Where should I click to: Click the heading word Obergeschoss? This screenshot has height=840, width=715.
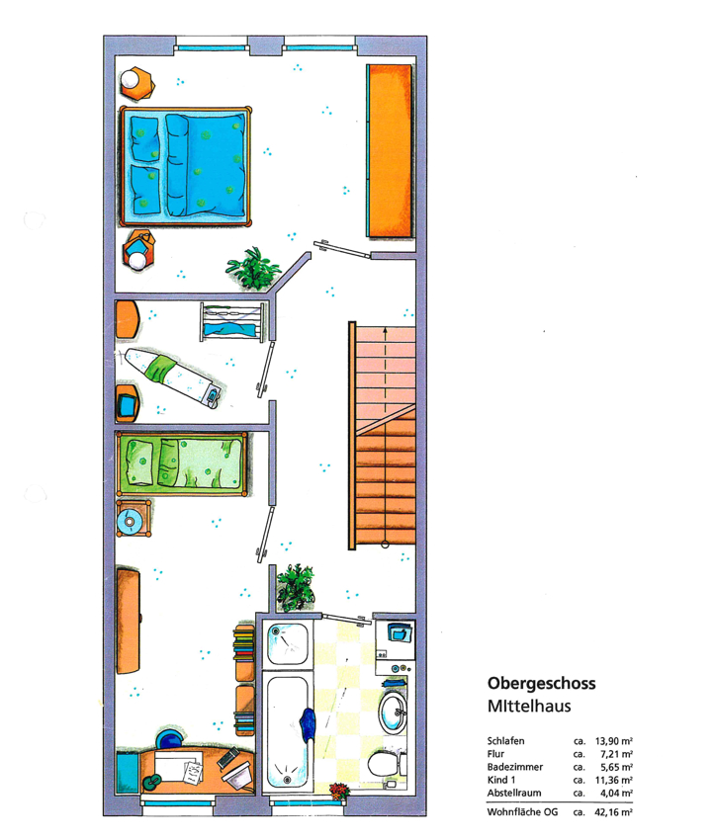click(x=541, y=684)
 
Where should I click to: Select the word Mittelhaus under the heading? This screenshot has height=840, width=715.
click(x=529, y=706)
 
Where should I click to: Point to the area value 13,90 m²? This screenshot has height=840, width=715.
click(x=614, y=741)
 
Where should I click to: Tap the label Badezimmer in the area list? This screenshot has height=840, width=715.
click(x=514, y=767)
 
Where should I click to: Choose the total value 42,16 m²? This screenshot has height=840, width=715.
click(x=614, y=812)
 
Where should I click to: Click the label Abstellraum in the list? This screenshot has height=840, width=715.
click(x=514, y=793)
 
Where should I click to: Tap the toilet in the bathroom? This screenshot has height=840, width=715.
click(x=387, y=764)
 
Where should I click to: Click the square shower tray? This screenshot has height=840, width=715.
click(x=288, y=644)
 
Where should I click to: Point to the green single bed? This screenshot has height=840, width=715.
click(x=182, y=463)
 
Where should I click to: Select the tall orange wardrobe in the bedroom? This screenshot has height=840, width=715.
click(x=391, y=151)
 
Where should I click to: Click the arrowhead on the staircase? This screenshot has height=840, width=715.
click(x=385, y=330)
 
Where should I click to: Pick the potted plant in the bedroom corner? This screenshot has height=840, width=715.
click(x=252, y=268)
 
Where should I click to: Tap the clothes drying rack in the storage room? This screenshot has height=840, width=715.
click(x=232, y=322)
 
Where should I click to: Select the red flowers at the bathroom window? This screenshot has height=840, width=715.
click(x=339, y=791)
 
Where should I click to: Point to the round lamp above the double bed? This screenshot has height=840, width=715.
click(x=131, y=80)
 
